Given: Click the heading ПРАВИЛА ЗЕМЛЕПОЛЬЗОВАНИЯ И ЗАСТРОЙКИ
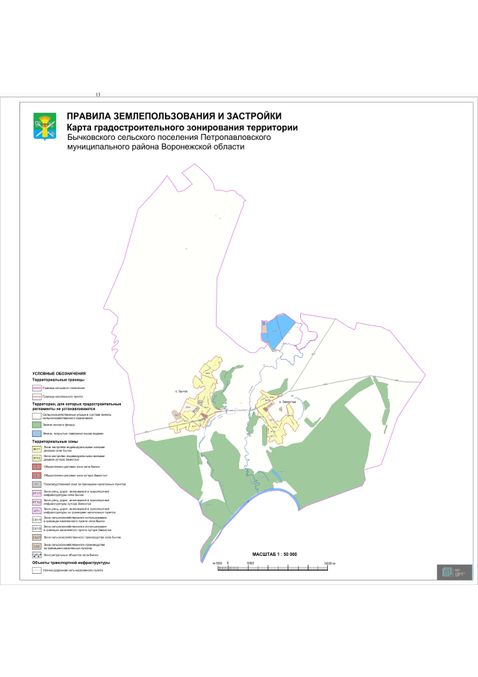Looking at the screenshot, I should pos(174,116).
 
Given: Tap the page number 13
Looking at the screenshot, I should pos(98,95).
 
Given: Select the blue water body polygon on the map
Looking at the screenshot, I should pos(278,329).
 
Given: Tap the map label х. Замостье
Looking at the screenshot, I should pos(288,402).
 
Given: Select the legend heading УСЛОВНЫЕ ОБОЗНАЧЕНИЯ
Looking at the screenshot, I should pos(59,373).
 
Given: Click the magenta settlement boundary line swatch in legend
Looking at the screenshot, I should pos(36,389).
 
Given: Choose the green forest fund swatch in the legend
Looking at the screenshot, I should pos(36,424).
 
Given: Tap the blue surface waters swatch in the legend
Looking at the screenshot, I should pos(36,433).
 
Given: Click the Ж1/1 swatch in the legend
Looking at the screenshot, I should pos(36,449).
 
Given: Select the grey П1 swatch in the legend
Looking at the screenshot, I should pos(36,485).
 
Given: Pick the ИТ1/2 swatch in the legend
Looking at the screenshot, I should pos(36,501).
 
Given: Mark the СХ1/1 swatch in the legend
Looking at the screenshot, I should pos(36,519).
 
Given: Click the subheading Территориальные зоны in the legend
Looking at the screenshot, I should pos(55,441).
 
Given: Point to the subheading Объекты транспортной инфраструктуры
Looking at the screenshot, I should pos(71,563).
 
